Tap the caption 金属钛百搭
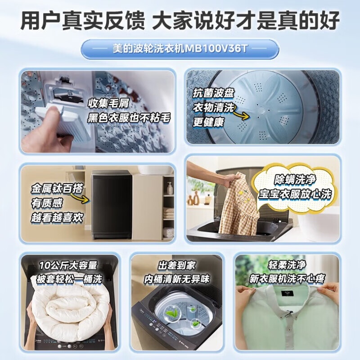tap(51, 187)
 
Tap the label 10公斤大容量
tap(68, 266)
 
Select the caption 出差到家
tap(177, 265)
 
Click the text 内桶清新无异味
tap(177, 279)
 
